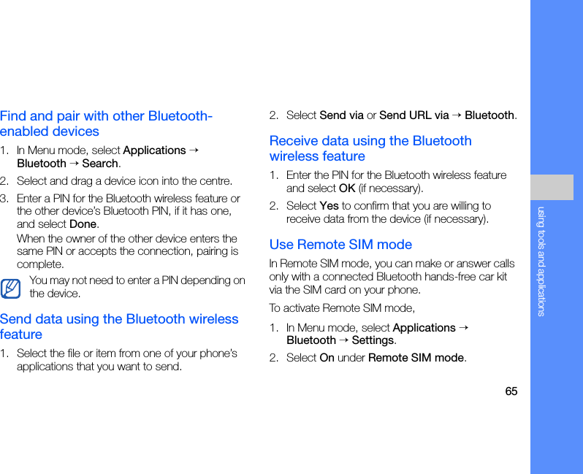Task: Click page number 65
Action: click(x=511, y=391)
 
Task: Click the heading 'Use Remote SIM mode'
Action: click(x=340, y=245)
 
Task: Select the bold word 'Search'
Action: click(x=100, y=163)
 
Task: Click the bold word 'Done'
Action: click(x=83, y=224)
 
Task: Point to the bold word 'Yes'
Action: click(x=329, y=206)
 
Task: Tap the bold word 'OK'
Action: click(x=347, y=188)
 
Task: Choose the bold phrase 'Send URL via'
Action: click(x=414, y=115)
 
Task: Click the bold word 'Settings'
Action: click(x=373, y=340)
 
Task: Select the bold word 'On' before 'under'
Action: click(x=327, y=358)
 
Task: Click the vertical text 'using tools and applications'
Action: click(x=541, y=261)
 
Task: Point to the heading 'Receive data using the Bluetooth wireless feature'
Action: click(x=370, y=148)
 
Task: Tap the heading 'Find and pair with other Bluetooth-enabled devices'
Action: click(x=107, y=123)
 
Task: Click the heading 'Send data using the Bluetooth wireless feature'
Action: click(x=119, y=326)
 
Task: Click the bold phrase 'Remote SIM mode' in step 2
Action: click(x=416, y=358)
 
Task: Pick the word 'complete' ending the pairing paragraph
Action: click(x=39, y=264)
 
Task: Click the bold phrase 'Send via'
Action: click(x=341, y=115)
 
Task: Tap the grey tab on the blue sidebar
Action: click(x=552, y=187)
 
